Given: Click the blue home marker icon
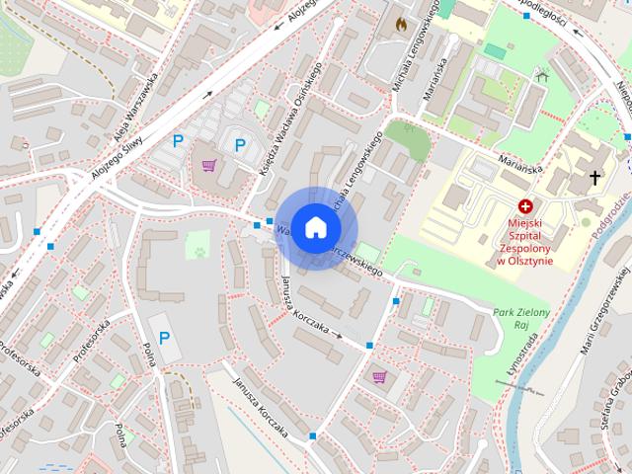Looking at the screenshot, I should pyautogui.click(x=315, y=227).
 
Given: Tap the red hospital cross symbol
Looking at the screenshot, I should pyautogui.click(x=525, y=206).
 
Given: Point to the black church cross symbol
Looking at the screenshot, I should pyautogui.click(x=594, y=178).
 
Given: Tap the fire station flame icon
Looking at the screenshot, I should pyautogui.click(x=400, y=22).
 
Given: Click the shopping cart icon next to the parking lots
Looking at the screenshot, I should pyautogui.click(x=208, y=166).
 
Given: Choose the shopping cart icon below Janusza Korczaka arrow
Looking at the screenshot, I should pyautogui.click(x=379, y=376).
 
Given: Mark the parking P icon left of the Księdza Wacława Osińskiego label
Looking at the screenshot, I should pyautogui.click(x=240, y=146).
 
